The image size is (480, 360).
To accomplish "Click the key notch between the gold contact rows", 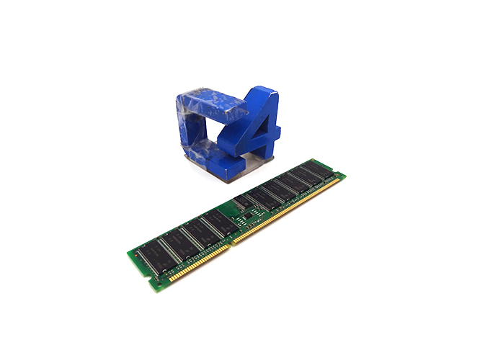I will (x=230, y=243).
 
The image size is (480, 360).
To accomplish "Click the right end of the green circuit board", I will (x=339, y=173).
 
